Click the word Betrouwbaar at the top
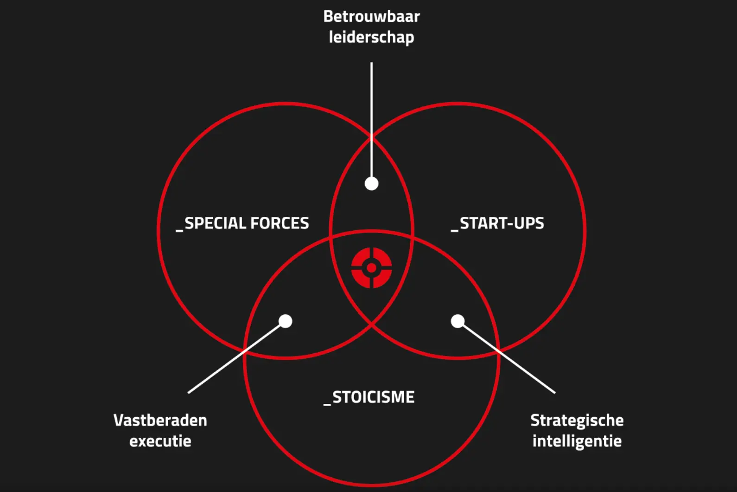point(371,16)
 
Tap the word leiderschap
point(371,37)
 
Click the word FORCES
point(280,223)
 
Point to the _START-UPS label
point(497,223)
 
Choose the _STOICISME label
point(369,397)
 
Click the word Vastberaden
point(160,421)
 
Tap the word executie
point(160,441)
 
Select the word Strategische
point(577,421)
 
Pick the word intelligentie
point(577,441)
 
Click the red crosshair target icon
point(371,268)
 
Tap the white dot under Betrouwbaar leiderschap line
point(371,183)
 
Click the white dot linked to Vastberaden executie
point(285,321)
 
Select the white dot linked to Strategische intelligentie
point(457,321)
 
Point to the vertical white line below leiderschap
point(371,120)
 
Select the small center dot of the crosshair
point(371,268)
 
